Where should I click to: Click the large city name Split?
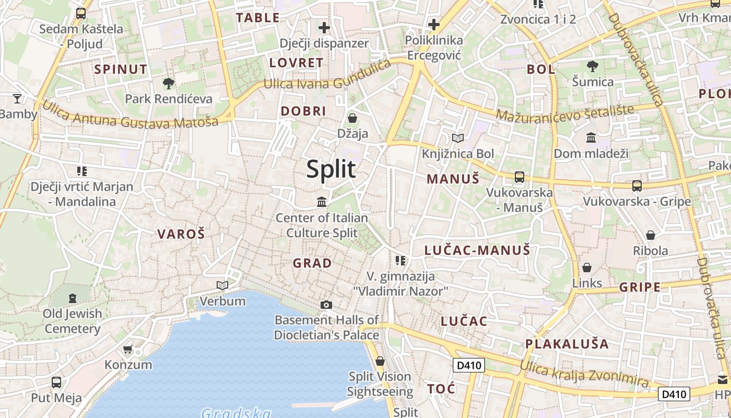pos(331,169)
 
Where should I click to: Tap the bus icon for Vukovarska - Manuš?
pos(519,177)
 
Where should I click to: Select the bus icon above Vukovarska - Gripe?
pos(636,185)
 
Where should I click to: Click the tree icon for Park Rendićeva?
pos(168,83)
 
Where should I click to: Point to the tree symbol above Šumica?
pos(592,66)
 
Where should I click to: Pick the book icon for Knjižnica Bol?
pos(458,138)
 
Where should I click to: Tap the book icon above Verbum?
pos(222,285)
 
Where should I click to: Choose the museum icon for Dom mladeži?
pos(591,137)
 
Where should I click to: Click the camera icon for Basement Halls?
pos(326,305)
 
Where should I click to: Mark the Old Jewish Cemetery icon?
pos(73,298)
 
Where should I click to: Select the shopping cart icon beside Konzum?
pos(128,349)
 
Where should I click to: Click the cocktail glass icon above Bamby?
pos(17,98)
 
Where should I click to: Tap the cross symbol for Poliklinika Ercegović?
pos(433,24)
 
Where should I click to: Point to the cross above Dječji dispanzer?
pos(324,27)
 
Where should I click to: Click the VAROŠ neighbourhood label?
pos(181,234)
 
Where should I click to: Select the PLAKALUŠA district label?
pos(567,344)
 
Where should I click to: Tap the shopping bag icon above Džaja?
pos(352,118)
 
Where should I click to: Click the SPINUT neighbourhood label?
pos(121,69)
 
